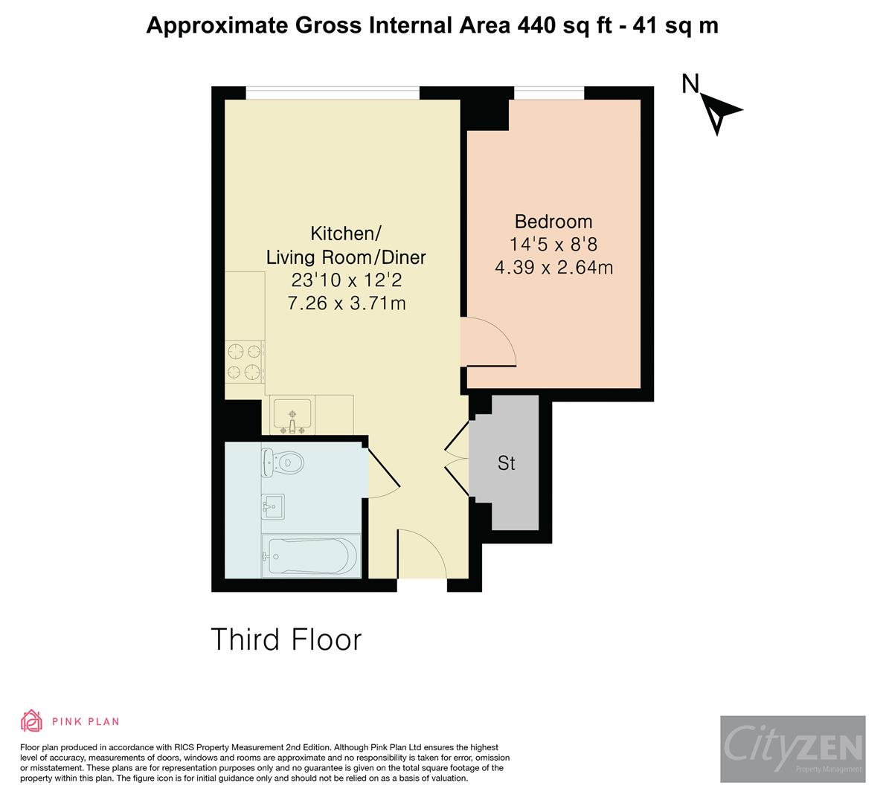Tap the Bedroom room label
pos(553,222)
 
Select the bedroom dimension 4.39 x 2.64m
pos(553,268)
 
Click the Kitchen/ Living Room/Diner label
pos(346,245)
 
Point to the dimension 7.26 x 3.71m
pos(346,303)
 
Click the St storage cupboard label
pos(507,463)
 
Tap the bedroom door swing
pos(487,342)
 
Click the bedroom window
pos(549,93)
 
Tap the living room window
pos(333,93)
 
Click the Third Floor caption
pos(286,639)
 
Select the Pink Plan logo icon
pos(32,720)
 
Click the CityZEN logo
pos(792,749)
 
